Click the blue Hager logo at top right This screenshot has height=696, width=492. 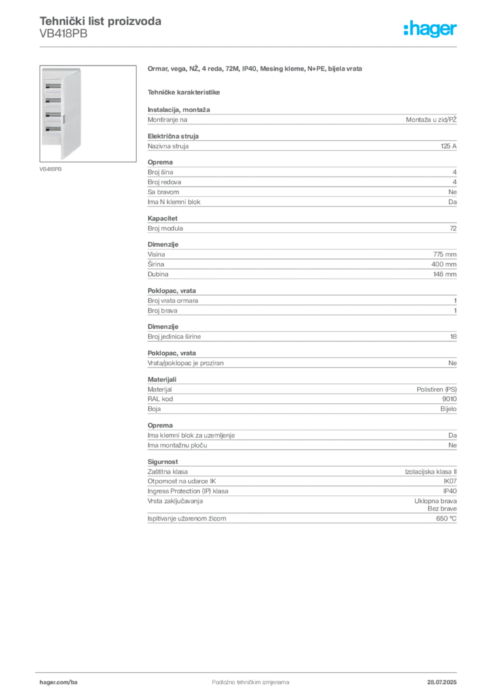432,30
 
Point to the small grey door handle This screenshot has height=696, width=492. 64,118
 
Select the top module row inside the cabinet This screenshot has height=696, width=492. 52,86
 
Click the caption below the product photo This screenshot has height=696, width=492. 52,169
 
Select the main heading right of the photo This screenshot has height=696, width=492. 256,69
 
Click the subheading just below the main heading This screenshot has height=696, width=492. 185,91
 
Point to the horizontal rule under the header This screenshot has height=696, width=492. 250,46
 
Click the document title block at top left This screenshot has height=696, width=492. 101,27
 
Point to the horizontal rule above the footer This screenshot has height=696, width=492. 250,670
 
